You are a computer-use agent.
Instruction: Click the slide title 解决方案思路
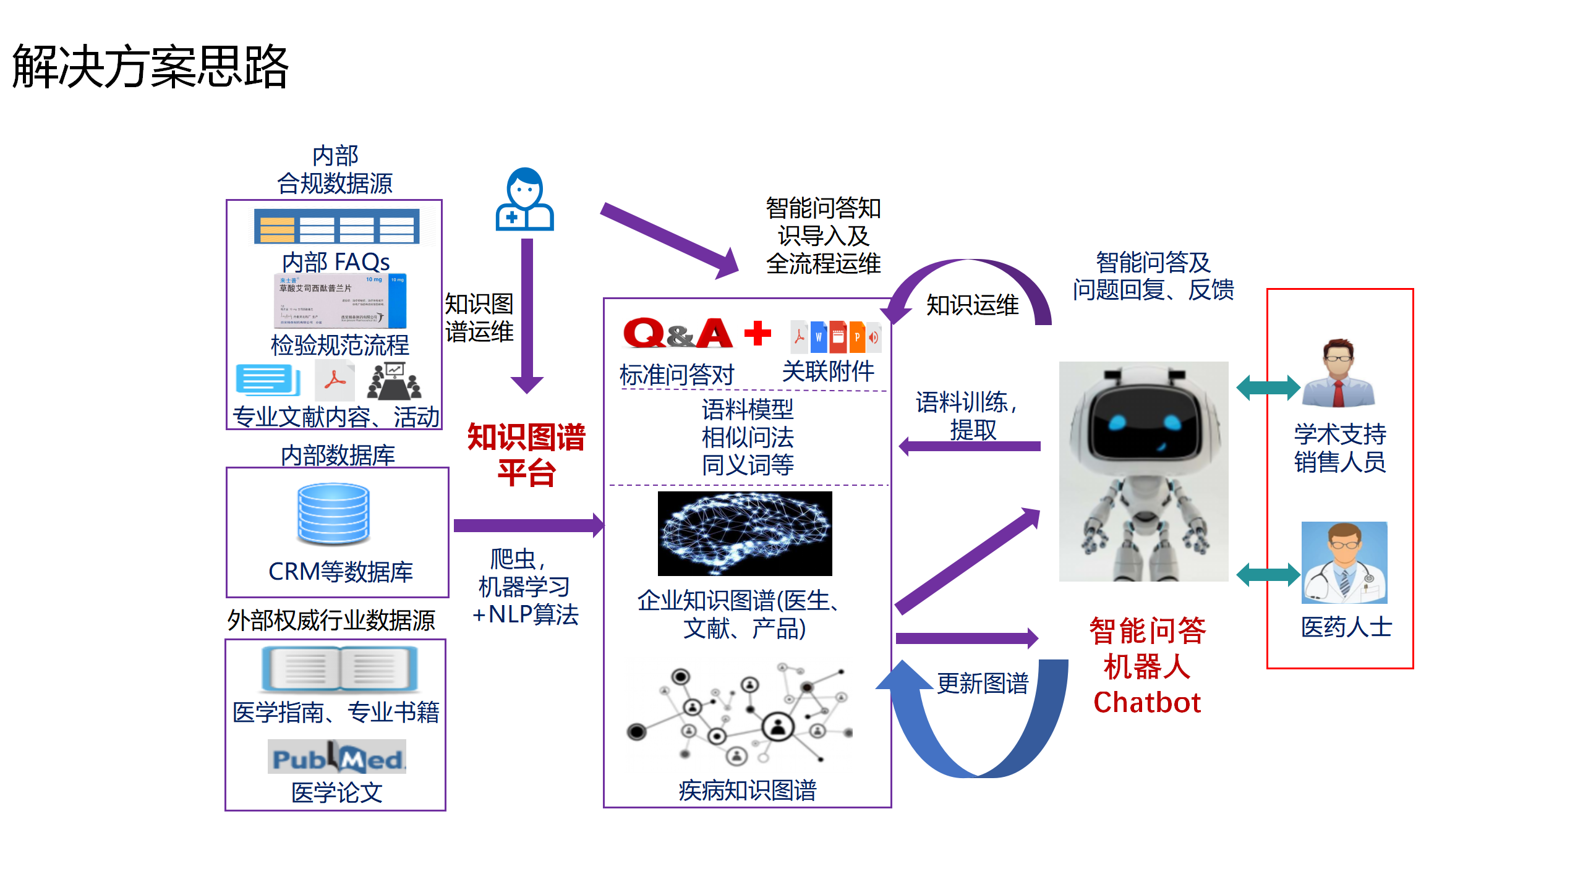click(x=150, y=67)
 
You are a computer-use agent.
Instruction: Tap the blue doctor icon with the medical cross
click(x=524, y=200)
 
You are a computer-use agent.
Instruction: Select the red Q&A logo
click(x=678, y=334)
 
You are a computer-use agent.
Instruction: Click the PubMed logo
click(x=337, y=757)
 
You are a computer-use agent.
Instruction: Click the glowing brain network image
click(x=745, y=533)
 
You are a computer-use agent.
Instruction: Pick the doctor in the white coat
click(x=1344, y=562)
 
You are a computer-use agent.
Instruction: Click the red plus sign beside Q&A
click(x=757, y=334)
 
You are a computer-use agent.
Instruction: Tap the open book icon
click(x=339, y=669)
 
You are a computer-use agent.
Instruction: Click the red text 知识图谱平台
click(x=526, y=455)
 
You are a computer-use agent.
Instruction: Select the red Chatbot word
click(x=1147, y=703)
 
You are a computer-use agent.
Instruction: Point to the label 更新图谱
click(x=983, y=684)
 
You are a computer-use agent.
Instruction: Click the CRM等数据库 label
click(x=341, y=572)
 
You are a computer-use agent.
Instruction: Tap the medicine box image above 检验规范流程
click(x=340, y=301)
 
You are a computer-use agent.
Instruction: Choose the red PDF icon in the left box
click(x=335, y=380)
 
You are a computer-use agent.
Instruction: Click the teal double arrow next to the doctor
click(x=1268, y=575)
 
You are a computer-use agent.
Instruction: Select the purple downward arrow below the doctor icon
click(x=527, y=315)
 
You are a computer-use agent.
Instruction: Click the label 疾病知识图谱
click(x=748, y=790)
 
